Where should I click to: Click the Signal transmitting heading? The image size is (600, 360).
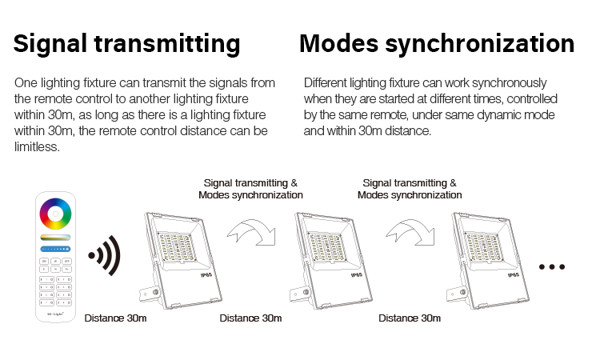click(x=126, y=44)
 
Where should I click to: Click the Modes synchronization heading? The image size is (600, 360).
click(x=437, y=44)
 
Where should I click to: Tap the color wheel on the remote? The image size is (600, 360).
click(x=55, y=214)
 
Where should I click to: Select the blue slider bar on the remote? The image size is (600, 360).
click(x=55, y=249)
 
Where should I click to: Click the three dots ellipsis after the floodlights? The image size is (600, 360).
click(x=552, y=266)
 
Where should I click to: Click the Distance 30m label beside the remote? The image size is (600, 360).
click(x=115, y=318)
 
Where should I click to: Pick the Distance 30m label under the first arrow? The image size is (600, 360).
click(x=250, y=318)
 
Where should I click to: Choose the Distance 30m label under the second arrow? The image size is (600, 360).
click(x=410, y=318)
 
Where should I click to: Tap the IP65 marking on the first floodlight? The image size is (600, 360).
click(x=206, y=274)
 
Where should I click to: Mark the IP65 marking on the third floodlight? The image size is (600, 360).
click(x=514, y=274)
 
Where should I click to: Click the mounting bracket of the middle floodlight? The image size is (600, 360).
click(x=300, y=294)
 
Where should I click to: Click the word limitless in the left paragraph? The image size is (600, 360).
click(x=37, y=147)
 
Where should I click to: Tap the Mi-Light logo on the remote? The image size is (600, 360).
click(x=55, y=314)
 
